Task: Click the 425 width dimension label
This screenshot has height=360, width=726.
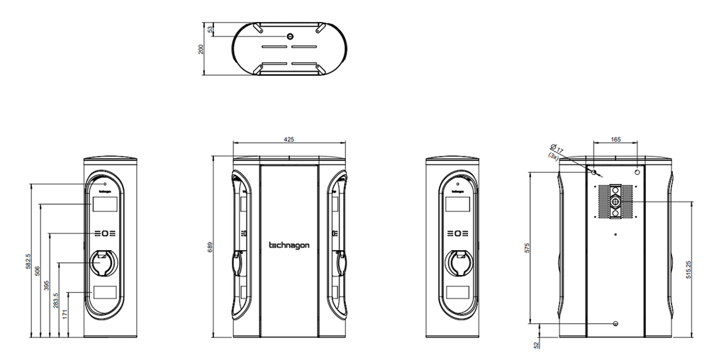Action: coord(289,140)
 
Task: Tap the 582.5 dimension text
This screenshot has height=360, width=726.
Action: coord(28,261)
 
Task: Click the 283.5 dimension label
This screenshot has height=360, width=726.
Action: coord(56,300)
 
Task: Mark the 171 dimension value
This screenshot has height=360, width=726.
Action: coord(65,313)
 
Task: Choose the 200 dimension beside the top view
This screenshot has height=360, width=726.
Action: coord(201,48)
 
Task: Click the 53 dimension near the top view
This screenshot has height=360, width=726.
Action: coord(211,29)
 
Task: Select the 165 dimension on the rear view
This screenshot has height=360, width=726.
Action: coord(615,140)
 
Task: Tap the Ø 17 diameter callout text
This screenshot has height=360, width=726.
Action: coord(557,150)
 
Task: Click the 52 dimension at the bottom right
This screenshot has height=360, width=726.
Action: coord(537,344)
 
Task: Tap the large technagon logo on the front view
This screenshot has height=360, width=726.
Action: coord(289,246)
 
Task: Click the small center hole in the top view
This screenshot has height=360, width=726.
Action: coord(289,35)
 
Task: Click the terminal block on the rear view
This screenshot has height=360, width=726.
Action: coord(615,201)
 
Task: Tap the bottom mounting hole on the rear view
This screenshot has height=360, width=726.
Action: coord(615,324)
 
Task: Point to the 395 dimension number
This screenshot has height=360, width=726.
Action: coord(47,285)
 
